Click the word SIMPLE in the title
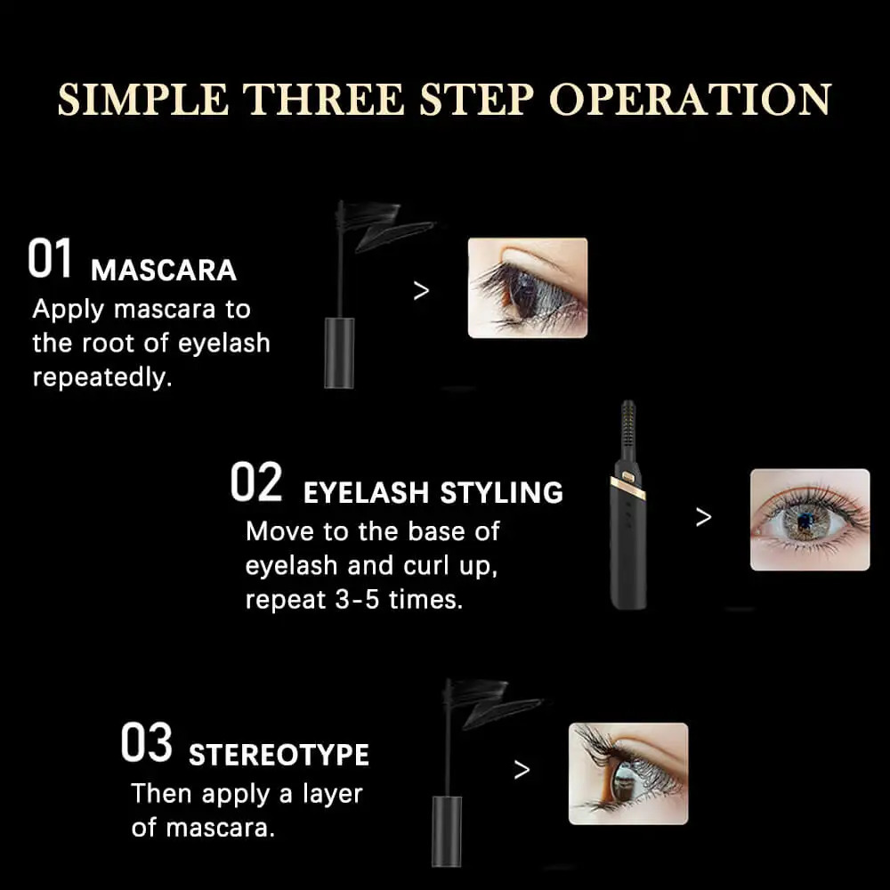pyautogui.click(x=143, y=100)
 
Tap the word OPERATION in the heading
pyautogui.click(x=691, y=100)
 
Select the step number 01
pyautogui.click(x=50, y=258)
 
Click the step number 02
pyautogui.click(x=256, y=481)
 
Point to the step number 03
pyautogui.click(x=147, y=742)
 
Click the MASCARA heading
pyautogui.click(x=164, y=271)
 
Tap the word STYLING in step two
pyautogui.click(x=501, y=492)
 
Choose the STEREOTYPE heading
pyautogui.click(x=279, y=755)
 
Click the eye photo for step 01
pyautogui.click(x=527, y=287)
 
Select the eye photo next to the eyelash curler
pyautogui.click(x=809, y=520)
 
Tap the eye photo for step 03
pyautogui.click(x=628, y=773)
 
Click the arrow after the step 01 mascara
pyautogui.click(x=421, y=291)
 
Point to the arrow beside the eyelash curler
pyautogui.click(x=703, y=516)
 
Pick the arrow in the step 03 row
pyautogui.click(x=522, y=770)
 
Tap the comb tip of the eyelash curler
pyautogui.click(x=627, y=425)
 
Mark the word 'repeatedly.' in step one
pyautogui.click(x=102, y=376)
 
